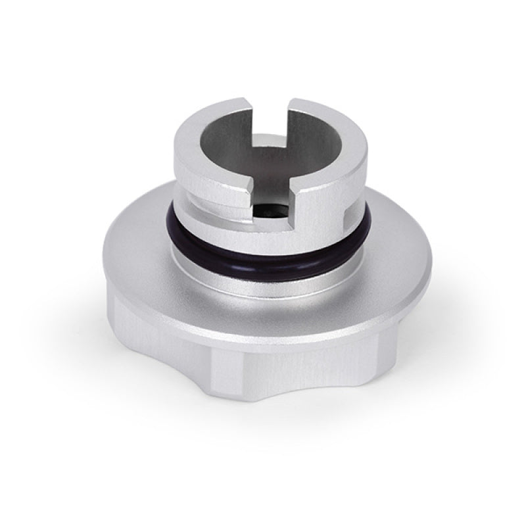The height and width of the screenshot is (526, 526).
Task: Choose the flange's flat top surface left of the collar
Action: pos(141,250)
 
